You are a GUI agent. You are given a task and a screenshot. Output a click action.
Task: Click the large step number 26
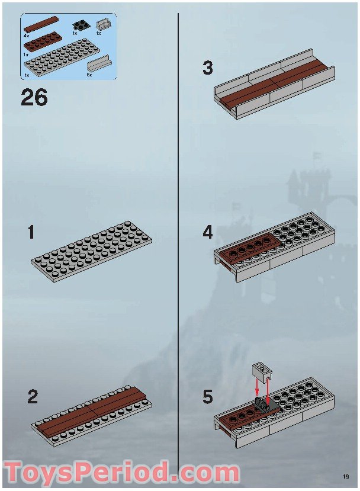coord(34,97)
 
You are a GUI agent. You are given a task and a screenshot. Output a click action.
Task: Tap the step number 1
coord(31,233)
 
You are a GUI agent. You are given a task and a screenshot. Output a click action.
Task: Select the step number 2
coord(33,397)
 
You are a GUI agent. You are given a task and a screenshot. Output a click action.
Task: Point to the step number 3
coord(208,68)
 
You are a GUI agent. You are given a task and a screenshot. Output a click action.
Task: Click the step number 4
coord(208,233)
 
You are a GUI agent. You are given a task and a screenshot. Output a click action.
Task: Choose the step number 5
coord(208,397)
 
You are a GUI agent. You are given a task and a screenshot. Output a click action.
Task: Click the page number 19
coord(346,477)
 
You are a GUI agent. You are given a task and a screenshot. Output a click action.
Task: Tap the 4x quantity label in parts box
coord(26,36)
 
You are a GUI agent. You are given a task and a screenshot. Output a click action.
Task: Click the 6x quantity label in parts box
coord(89,75)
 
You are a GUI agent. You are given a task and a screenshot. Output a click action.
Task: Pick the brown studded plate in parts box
coord(44,42)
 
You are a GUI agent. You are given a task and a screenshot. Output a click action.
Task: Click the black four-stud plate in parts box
coord(79,25)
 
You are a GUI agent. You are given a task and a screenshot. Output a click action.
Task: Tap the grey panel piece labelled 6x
coord(98,64)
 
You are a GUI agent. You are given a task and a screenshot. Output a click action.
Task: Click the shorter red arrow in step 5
coord(257,386)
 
